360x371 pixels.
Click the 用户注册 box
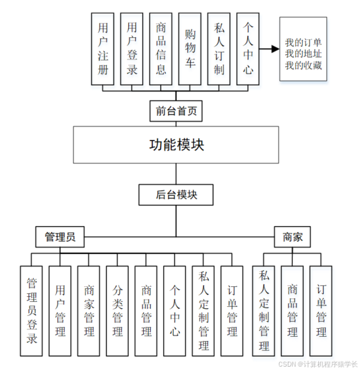103,49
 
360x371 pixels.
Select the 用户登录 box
132,49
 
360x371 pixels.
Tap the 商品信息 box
161,49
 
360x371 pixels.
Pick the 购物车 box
190,49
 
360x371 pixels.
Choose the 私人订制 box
219,49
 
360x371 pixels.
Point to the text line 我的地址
303,54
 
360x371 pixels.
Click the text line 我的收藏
303,65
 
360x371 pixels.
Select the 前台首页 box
176,111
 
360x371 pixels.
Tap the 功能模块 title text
176,145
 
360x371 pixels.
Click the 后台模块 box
176,195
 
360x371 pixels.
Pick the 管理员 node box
60,237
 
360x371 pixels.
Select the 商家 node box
293,237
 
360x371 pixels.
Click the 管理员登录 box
32,311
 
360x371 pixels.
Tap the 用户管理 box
60,311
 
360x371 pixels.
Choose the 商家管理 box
89,311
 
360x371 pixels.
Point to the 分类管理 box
118,311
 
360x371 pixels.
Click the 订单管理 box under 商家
321,311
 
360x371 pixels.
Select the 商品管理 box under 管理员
146,311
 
